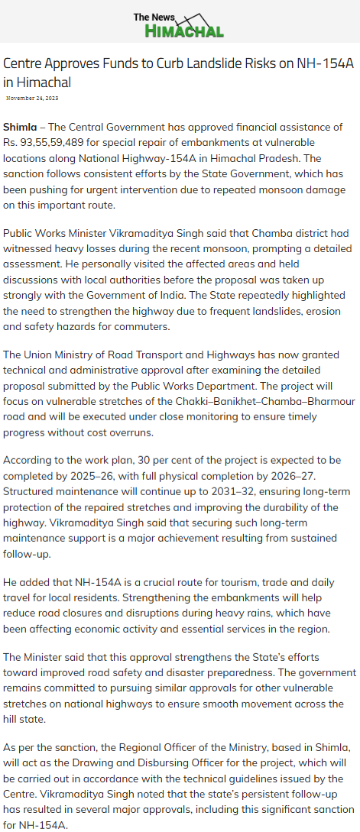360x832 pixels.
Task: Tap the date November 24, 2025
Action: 32,99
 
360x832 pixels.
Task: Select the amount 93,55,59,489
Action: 60,142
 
